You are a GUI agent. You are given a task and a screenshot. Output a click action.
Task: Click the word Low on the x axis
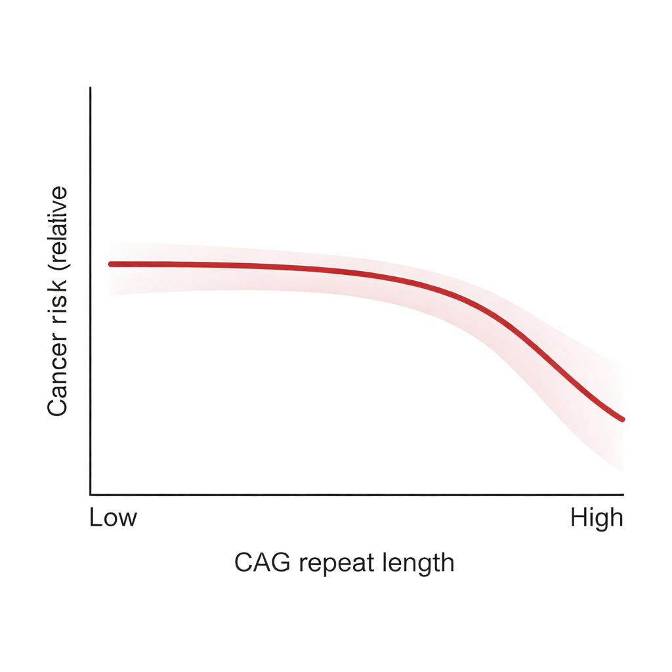[x=113, y=518]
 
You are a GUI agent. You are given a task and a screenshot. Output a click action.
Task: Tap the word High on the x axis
[x=596, y=518]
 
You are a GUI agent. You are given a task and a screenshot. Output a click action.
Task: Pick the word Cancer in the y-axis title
[x=58, y=378]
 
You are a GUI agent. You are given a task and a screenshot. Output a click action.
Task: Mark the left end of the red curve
[x=110, y=264]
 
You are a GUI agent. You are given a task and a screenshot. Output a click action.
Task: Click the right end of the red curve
[x=622, y=419]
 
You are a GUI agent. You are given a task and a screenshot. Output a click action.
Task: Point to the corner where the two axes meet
[x=91, y=494]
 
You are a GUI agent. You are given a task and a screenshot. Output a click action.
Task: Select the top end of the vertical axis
[x=91, y=87]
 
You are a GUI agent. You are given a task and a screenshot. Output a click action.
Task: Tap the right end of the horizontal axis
[x=623, y=494]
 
